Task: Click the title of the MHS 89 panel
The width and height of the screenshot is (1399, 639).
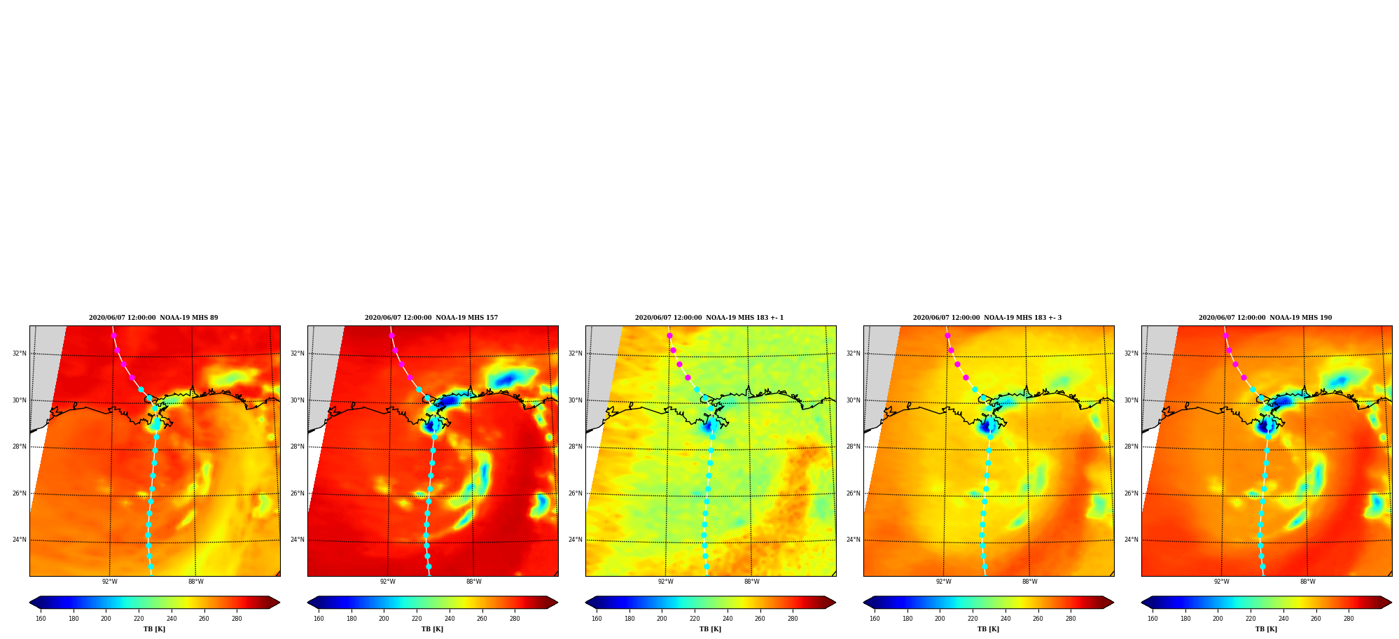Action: click(153, 318)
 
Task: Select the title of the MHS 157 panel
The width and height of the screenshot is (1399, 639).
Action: click(431, 318)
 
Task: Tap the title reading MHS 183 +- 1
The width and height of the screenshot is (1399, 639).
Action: click(709, 318)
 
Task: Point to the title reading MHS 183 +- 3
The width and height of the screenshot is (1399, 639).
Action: click(987, 318)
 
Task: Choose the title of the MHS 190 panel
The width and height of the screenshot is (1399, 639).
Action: click(1265, 318)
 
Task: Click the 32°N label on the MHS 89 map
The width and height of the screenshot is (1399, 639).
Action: click(20, 353)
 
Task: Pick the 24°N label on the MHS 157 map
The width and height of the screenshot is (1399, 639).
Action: click(298, 540)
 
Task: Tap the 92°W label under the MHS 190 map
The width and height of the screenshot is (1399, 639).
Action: click(1222, 582)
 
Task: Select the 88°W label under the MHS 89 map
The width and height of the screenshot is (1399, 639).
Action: click(196, 582)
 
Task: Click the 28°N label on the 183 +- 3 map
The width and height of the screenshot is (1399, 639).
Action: click(854, 447)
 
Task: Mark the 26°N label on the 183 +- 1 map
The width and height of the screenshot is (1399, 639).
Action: click(576, 493)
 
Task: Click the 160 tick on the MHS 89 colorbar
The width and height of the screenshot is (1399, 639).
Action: click(41, 619)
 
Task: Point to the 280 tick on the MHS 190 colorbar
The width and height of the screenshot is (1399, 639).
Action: click(1349, 619)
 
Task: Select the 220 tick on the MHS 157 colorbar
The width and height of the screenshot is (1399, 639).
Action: click(417, 619)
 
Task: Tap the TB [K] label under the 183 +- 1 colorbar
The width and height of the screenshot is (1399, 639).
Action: click(710, 629)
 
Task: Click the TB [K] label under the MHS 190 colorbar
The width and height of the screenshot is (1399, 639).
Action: click(1266, 629)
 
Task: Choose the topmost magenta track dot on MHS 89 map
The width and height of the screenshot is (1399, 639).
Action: click(113, 336)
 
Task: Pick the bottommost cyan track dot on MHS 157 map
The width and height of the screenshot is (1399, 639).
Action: click(429, 567)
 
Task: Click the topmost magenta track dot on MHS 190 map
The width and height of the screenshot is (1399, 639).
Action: click(1225, 336)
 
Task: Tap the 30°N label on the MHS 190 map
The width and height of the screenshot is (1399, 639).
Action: click(1132, 400)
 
